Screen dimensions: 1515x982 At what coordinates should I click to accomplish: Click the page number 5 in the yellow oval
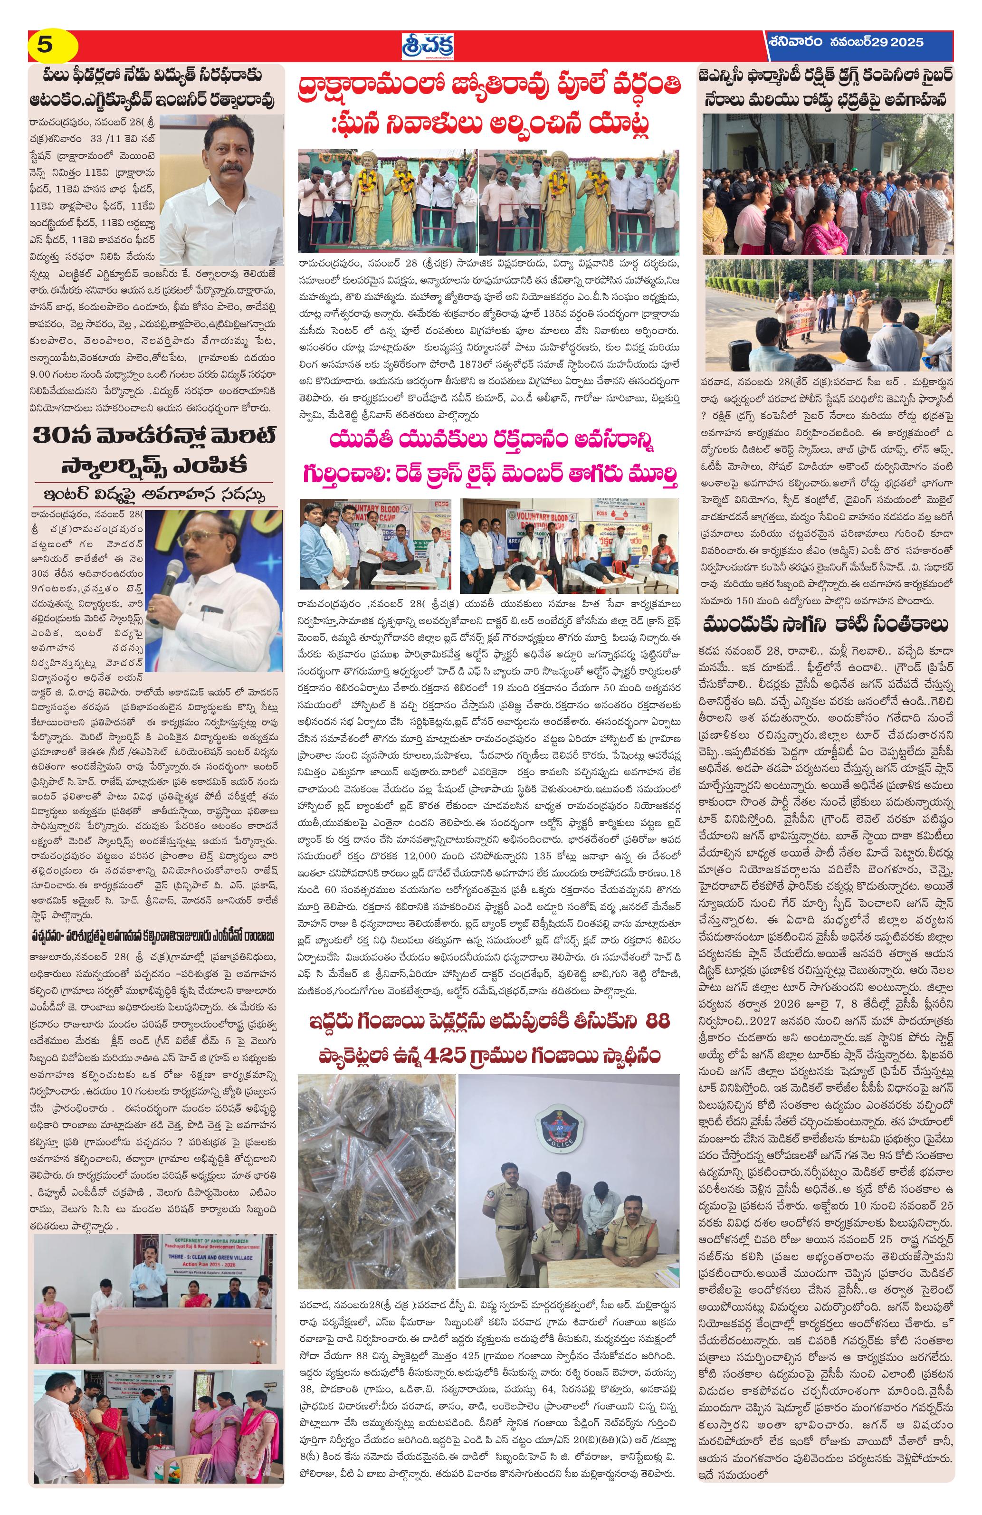coord(45,45)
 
